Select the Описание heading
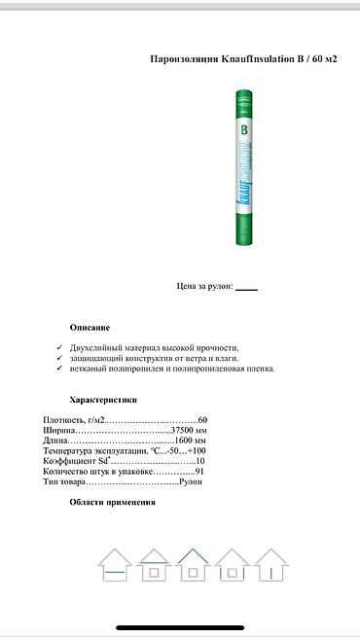coord(90,328)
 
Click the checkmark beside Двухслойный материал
coord(59,347)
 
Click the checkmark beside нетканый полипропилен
coord(59,369)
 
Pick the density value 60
coord(202,419)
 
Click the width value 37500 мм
coord(189,430)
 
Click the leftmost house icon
coord(115,564)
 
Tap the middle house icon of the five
coord(193,564)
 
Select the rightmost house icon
coord(270,564)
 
